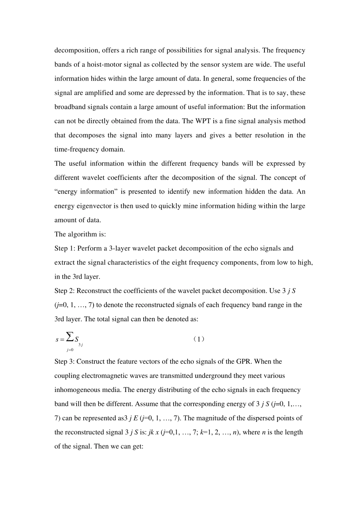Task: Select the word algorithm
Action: [x=82, y=234]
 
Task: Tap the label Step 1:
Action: [x=65, y=248]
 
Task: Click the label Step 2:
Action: [x=65, y=291]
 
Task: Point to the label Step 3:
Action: [x=65, y=361]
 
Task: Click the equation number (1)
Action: [x=199, y=339]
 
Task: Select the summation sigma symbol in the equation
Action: [x=70, y=336]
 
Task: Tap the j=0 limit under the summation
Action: [x=70, y=350]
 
